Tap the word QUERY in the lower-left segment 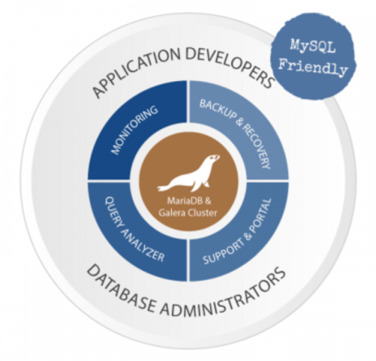tap(116, 211)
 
